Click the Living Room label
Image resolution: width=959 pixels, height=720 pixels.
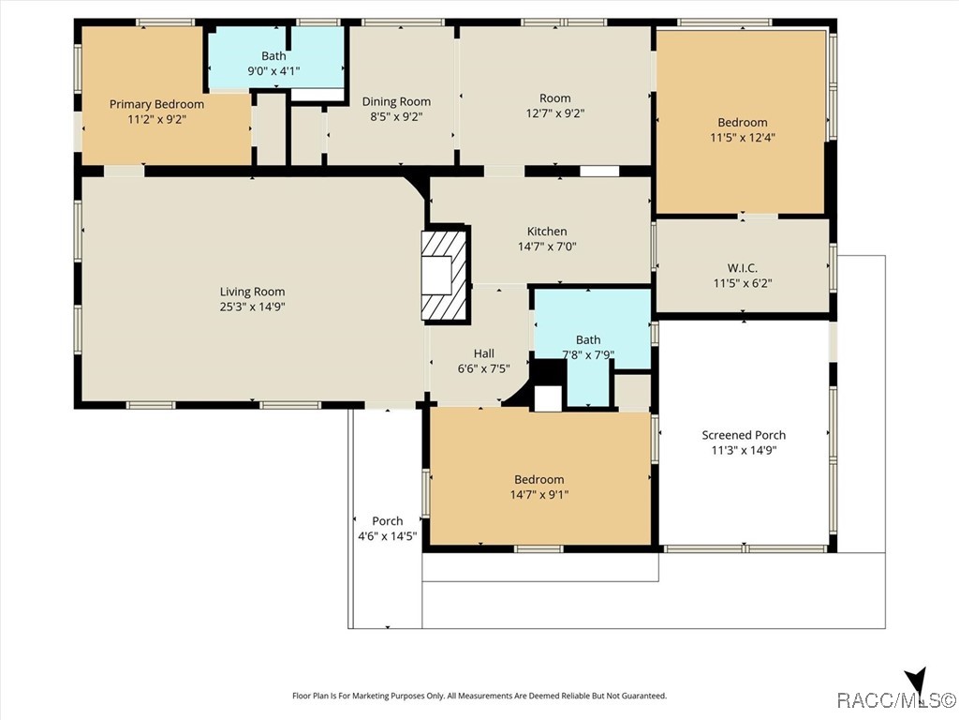tap(252, 292)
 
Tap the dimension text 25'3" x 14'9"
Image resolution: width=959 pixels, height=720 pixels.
tap(252, 307)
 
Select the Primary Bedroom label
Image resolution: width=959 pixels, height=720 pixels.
tap(156, 104)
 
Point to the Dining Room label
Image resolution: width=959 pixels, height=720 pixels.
tap(396, 101)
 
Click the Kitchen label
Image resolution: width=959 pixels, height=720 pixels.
tap(547, 232)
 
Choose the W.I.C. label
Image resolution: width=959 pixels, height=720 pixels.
tap(743, 268)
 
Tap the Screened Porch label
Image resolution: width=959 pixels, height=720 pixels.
tap(744, 435)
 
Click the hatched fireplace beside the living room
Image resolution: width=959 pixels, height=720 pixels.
tap(445, 275)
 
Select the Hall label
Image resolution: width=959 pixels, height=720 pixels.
tap(484, 353)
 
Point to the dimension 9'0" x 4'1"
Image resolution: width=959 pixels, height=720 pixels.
tap(273, 71)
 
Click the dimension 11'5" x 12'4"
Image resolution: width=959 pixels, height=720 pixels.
tap(743, 138)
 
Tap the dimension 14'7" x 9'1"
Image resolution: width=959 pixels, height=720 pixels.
tap(539, 495)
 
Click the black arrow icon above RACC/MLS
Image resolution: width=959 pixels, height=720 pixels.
tap(917, 679)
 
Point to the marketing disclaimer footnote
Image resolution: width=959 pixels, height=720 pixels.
tap(479, 696)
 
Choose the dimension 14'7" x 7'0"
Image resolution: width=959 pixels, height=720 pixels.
tap(547, 247)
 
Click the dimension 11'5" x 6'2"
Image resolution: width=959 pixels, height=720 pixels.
tap(743, 283)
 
